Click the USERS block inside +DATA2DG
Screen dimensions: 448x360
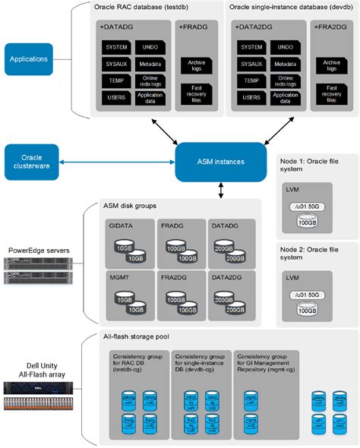tap(251, 97)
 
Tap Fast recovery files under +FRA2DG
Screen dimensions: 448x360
tap(331, 93)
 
